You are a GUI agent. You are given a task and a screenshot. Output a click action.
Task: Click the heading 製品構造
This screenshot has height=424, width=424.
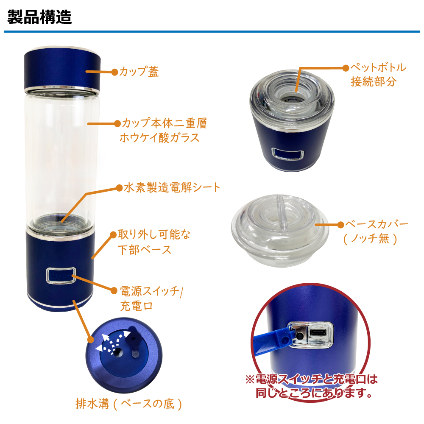(39, 18)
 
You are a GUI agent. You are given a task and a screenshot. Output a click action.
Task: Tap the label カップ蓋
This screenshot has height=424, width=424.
(139, 72)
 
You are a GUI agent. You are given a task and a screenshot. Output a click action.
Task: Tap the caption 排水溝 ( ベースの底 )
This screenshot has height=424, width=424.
(129, 404)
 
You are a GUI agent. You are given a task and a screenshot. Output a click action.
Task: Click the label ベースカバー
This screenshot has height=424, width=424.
(377, 224)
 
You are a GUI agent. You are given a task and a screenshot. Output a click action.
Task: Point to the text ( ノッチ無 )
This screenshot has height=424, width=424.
(371, 239)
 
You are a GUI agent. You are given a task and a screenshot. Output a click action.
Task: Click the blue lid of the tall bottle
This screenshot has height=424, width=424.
(63, 69)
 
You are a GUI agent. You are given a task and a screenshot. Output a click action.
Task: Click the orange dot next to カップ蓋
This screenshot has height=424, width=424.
(114, 72)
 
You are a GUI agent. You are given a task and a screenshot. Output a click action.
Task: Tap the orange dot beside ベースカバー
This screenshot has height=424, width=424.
(340, 224)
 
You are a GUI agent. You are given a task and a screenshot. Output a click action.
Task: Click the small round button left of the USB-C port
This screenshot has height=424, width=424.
(299, 335)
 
